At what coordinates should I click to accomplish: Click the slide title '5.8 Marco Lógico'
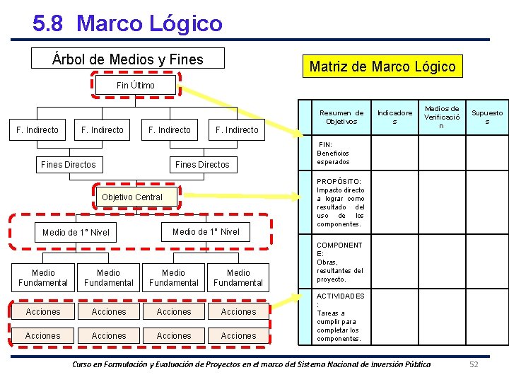point(127,23)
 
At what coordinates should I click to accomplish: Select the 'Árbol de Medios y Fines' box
point(128,59)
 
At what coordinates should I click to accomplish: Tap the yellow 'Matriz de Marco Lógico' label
point(382,66)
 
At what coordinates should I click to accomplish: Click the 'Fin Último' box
point(136,86)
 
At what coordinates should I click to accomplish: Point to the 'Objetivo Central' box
point(132,197)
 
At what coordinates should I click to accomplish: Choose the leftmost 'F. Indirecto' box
point(37,129)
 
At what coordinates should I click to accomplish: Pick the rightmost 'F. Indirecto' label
point(237,130)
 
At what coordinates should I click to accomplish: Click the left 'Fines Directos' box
point(69,165)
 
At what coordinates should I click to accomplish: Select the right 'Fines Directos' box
point(202,165)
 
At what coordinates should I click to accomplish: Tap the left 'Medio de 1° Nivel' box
point(76,233)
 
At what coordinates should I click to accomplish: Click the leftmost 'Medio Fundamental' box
point(43,277)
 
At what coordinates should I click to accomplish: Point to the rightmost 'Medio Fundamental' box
point(238,277)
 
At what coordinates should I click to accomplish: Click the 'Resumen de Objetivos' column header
point(341,117)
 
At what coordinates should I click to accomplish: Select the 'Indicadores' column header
point(394,117)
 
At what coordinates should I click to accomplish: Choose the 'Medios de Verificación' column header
point(441,117)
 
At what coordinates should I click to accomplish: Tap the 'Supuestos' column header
point(487,117)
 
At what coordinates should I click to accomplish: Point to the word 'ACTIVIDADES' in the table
point(341,296)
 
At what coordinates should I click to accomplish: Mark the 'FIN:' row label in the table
point(326,145)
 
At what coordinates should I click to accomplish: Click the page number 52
point(474,364)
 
